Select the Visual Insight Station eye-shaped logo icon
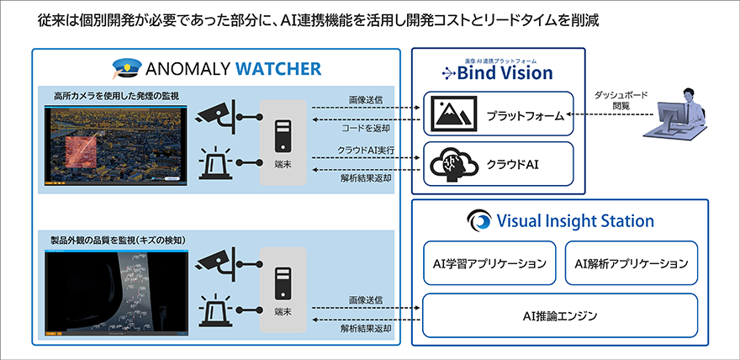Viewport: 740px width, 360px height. pos(479,221)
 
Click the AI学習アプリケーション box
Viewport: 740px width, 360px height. pos(489,263)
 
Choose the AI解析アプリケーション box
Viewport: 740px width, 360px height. pos(631,263)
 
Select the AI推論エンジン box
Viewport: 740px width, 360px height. pos(559,315)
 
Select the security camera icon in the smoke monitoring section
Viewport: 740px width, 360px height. pos(216,116)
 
